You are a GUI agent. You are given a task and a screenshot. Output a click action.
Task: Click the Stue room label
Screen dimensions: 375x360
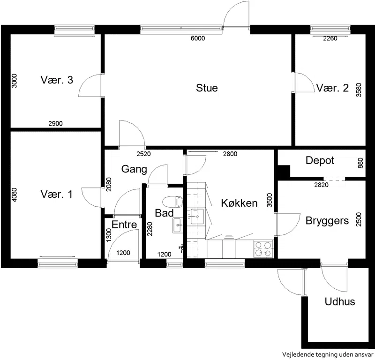coord(207,88)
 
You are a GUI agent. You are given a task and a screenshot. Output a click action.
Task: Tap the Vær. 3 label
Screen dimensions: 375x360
coord(57,80)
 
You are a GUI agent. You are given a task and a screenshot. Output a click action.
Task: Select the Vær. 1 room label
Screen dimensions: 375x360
coord(56,194)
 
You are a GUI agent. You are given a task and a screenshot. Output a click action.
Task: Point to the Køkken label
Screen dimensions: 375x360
coord(239,203)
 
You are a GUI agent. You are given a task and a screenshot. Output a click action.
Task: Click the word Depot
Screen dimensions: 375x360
coord(320,160)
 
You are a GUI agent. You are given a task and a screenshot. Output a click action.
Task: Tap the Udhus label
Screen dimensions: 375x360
coord(339,301)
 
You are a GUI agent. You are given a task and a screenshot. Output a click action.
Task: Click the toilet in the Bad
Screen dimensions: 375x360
coord(172,202)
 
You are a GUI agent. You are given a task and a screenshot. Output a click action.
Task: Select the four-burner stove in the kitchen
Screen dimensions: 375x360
coord(263,249)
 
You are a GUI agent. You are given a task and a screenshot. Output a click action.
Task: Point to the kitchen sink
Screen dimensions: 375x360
coord(197,216)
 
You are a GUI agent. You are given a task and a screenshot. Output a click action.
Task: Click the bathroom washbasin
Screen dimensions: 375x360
coord(178,225)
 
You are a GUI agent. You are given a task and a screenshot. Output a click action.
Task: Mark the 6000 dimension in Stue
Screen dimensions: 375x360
coord(198,38)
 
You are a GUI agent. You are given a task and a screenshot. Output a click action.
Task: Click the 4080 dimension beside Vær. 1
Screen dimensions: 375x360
coord(15,195)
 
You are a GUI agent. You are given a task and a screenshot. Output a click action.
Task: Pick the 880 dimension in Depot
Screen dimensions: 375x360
coord(360,163)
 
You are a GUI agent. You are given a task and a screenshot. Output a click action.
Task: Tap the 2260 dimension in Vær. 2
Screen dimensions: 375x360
coord(330,38)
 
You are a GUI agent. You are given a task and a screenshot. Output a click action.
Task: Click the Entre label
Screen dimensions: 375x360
coord(124,225)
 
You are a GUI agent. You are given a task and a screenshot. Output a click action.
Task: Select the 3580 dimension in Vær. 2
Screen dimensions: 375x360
coord(359,90)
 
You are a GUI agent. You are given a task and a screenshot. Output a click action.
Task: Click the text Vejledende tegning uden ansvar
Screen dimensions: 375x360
coord(328,354)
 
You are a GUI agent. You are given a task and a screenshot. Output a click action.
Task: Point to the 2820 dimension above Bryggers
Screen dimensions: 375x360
coord(321,185)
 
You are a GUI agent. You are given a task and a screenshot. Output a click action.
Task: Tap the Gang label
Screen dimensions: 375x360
coord(134,169)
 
